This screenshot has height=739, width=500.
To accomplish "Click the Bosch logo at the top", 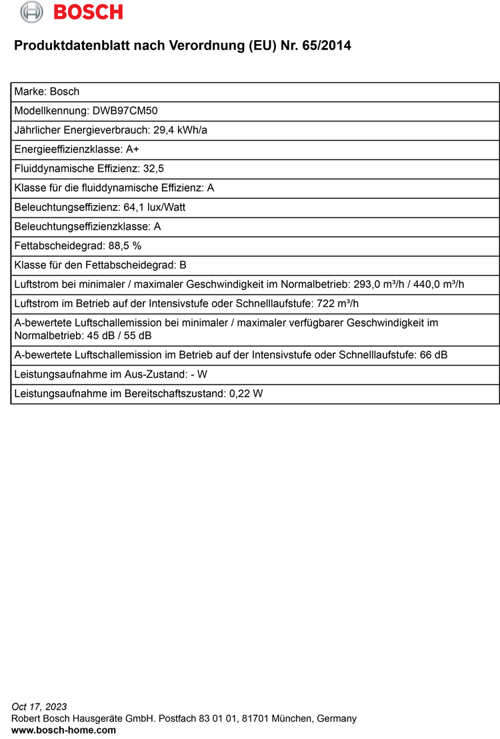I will click(x=71, y=11).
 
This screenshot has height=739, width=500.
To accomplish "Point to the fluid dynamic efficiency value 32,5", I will click(x=154, y=169).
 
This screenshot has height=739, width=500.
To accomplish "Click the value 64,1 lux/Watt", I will click(x=155, y=207).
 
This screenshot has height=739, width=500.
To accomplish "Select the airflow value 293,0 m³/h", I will click(x=378, y=284).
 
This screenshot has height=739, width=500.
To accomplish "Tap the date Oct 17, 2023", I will click(x=39, y=706).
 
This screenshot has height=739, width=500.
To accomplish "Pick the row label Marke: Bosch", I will click(x=47, y=91).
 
